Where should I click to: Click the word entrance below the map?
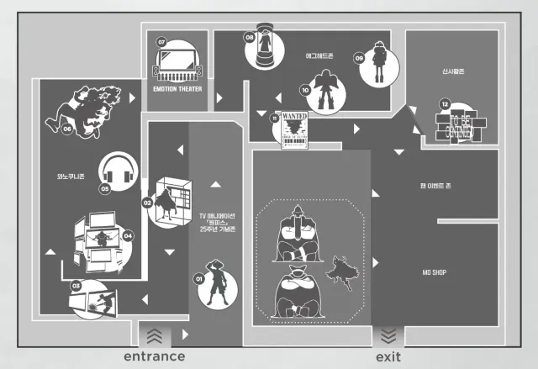(x=154, y=356)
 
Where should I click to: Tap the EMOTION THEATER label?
(x=177, y=88)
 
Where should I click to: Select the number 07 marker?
(x=161, y=41)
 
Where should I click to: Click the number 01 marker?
(x=199, y=277)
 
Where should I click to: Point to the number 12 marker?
(x=443, y=103)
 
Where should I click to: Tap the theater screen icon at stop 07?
(x=177, y=64)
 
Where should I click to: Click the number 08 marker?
(x=249, y=37)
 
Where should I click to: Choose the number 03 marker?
(x=75, y=287)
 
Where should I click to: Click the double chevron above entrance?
(x=155, y=334)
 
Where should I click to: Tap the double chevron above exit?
(x=387, y=334)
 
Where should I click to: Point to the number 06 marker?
(x=66, y=129)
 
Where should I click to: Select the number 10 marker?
(x=305, y=88)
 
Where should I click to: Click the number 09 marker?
(x=359, y=58)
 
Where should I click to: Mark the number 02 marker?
(x=147, y=203)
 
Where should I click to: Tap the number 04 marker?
(x=128, y=235)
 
